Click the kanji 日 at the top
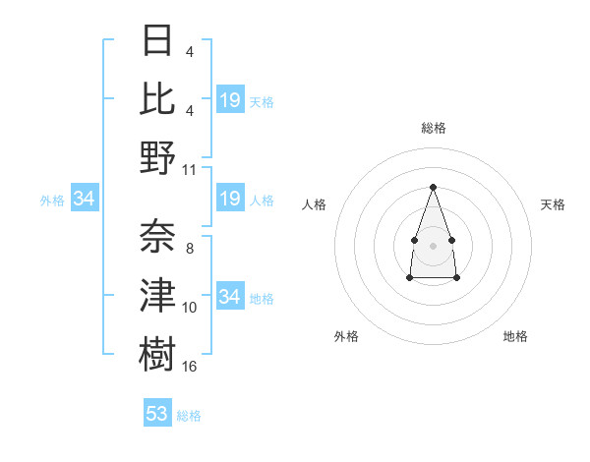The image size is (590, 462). [x=157, y=40]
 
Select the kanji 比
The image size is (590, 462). [x=157, y=98]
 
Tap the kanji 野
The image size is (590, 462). [x=157, y=157]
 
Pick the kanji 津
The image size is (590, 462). [x=157, y=296]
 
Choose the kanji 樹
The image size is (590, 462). [x=157, y=354]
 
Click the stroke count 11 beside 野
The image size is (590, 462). [x=190, y=169]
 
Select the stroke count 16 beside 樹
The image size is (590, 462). [x=190, y=366]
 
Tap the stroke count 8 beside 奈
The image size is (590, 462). [x=189, y=249]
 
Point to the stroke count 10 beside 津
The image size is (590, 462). [x=190, y=308]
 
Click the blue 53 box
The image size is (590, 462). [x=157, y=414]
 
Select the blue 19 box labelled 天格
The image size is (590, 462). [x=230, y=100]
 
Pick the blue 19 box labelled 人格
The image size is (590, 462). [x=230, y=200]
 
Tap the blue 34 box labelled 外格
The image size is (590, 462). [x=85, y=200]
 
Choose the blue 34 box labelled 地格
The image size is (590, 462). [x=230, y=297]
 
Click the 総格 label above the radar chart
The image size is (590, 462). [x=433, y=128]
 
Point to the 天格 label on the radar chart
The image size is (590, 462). [x=553, y=204]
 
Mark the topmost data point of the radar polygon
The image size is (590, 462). [x=433, y=187]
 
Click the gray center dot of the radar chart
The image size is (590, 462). [x=433, y=244]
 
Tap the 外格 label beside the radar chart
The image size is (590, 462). [x=346, y=336]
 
